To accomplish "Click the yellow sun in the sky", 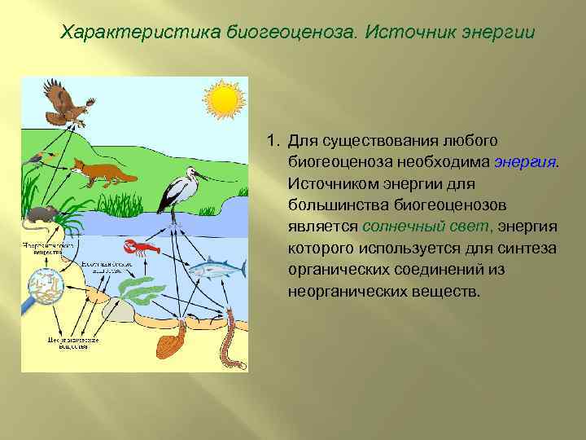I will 224,99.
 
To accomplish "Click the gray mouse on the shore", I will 41,215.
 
